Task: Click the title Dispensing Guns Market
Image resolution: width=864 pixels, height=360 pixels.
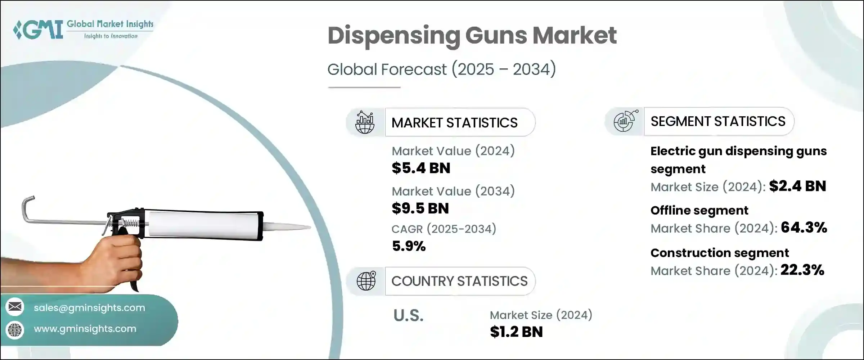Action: pos(472,36)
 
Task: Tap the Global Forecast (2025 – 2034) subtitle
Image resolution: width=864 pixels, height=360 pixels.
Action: pos(441,69)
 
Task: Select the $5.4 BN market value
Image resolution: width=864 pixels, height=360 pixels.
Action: pos(421,168)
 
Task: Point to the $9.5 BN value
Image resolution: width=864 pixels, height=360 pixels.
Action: pos(420,208)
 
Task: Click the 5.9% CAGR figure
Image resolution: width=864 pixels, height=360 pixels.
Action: pos(409,246)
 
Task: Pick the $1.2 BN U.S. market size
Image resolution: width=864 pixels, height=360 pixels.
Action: pos(516,332)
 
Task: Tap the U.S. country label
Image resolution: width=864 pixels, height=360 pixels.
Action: pos(408,316)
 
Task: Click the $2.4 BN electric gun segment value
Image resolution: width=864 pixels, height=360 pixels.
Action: pos(797,186)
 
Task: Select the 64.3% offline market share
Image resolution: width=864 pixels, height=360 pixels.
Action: pos(804,228)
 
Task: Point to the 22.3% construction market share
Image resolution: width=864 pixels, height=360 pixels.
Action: pos(802,270)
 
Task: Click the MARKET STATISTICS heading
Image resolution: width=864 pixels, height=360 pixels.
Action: pos(454,123)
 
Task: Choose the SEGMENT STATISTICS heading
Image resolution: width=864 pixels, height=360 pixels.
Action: pos(718,121)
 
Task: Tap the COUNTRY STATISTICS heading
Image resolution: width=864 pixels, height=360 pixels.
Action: pos(459,281)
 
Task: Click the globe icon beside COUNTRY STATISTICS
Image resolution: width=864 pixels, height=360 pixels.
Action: pos(366,281)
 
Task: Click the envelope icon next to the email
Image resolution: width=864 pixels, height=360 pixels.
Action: pos(15,307)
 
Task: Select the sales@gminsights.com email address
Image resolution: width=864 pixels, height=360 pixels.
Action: pos(89,308)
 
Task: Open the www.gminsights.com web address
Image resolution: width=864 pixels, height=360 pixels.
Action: pos(85,329)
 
